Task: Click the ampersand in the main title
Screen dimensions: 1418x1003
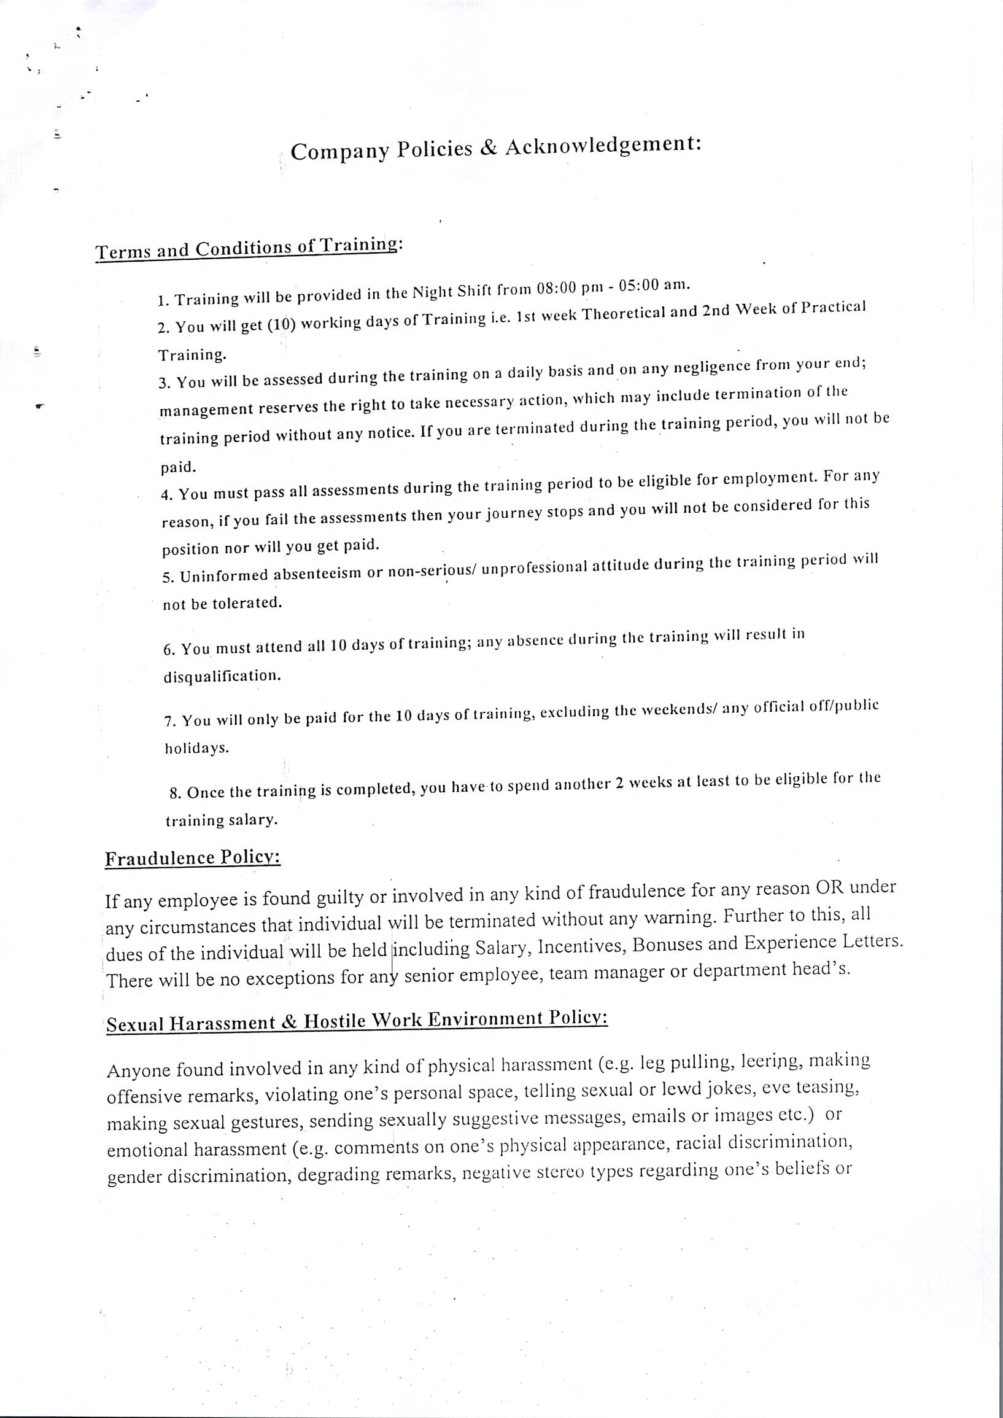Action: pyautogui.click(x=489, y=148)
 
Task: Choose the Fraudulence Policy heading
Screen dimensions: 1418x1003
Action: pyautogui.click(x=193, y=858)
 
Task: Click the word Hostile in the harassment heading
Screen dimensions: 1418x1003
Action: pyautogui.click(x=336, y=1021)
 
